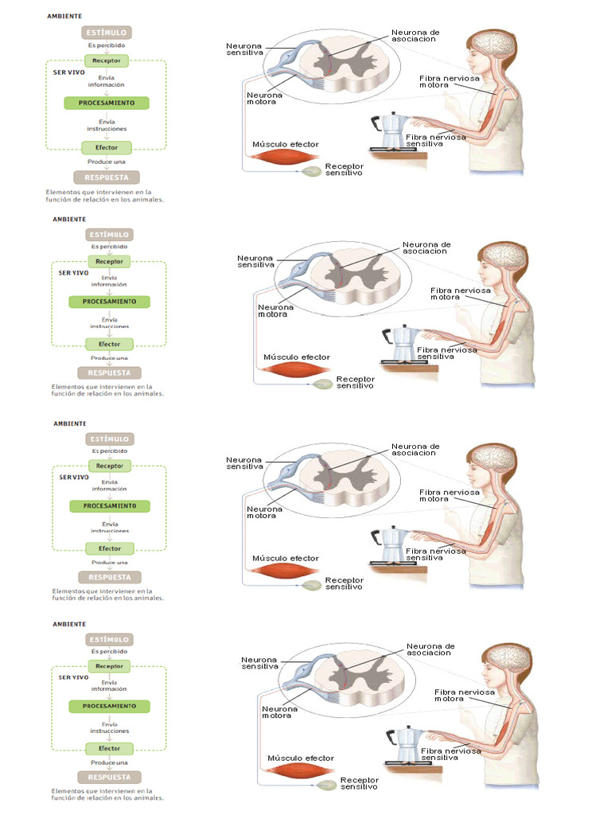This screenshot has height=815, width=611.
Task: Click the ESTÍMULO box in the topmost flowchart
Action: [106, 33]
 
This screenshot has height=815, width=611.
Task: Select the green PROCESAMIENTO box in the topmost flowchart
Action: [106, 103]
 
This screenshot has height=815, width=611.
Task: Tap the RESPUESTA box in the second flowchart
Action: [109, 372]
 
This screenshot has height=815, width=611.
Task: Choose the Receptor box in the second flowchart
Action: [109, 261]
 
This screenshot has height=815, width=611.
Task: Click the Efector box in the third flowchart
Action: [109, 548]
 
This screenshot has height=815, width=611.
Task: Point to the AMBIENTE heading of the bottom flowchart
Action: [70, 624]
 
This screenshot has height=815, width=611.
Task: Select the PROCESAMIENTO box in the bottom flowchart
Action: [109, 706]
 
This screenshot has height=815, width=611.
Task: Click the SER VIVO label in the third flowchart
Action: [74, 477]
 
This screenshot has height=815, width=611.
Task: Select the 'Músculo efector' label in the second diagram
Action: [297, 357]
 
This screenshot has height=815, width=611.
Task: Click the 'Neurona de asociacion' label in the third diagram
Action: [414, 450]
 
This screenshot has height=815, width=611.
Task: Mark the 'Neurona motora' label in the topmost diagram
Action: [262, 98]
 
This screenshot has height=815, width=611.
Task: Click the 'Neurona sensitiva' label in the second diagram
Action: [255, 261]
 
